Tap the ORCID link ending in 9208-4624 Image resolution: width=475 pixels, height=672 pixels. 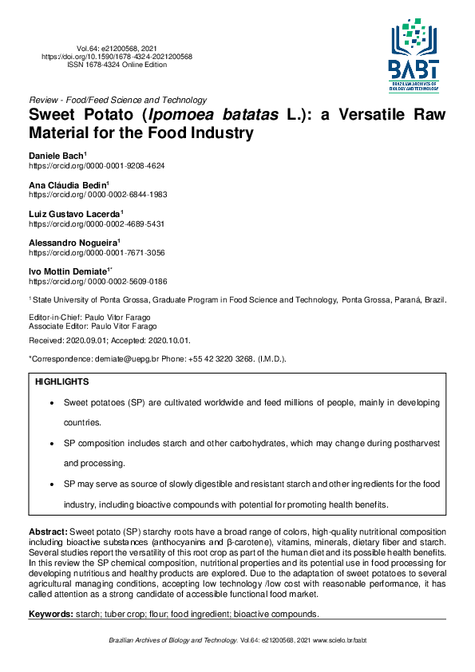pos(97,165)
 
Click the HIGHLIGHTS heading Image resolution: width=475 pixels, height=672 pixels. pos(62,383)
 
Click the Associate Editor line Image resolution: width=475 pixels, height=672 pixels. pos(89,326)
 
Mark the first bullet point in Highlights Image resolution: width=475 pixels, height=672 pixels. pos(53,404)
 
